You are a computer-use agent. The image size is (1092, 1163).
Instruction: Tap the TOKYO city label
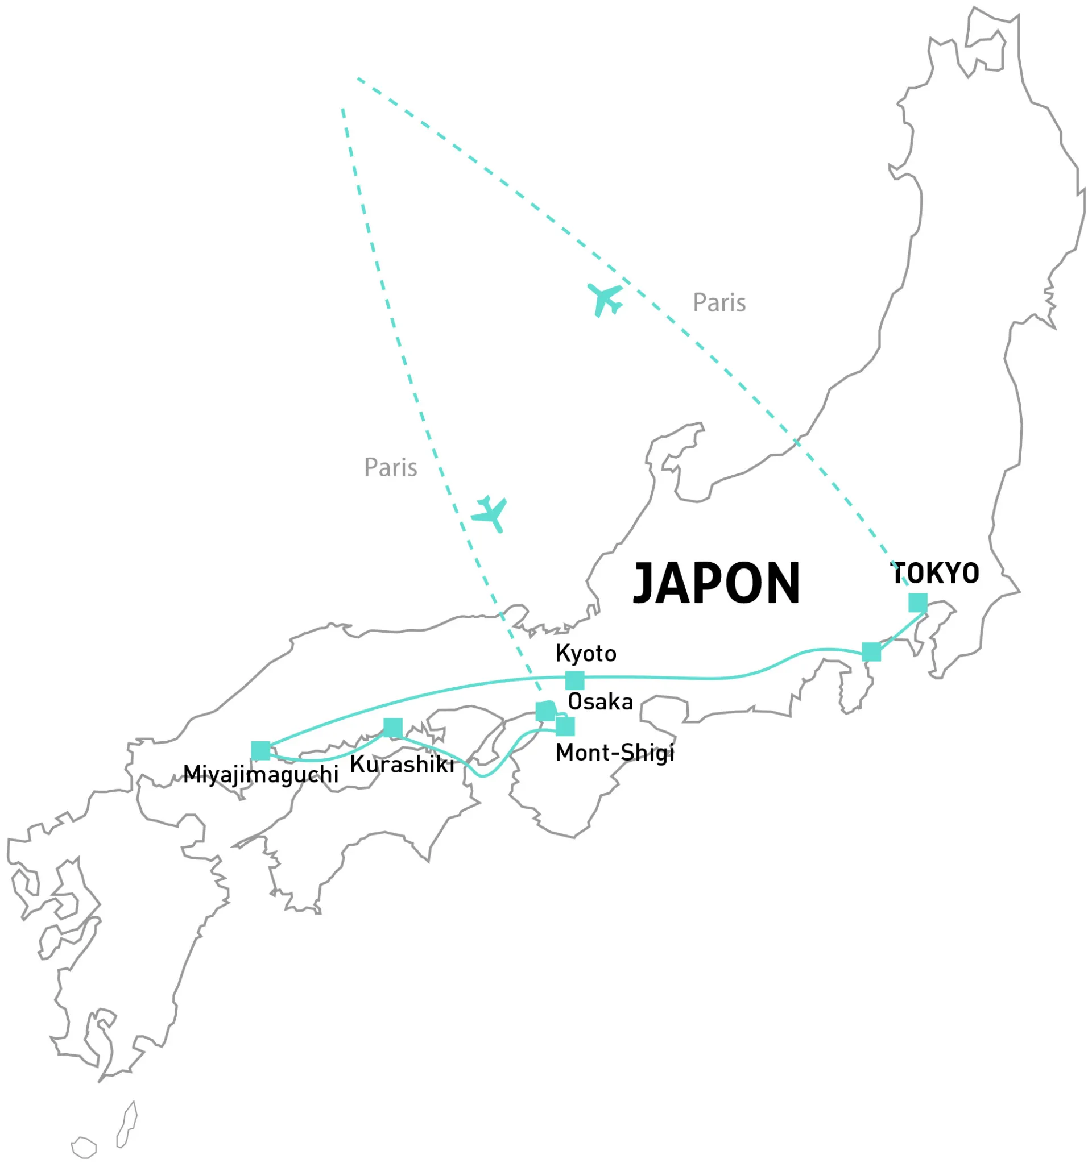[x=934, y=574]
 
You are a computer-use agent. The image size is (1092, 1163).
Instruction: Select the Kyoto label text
[x=586, y=654]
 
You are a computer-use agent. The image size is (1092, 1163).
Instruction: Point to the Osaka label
[x=601, y=701]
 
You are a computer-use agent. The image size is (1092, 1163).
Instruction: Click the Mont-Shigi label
[x=614, y=753]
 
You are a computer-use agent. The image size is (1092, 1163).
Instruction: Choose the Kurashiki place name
[x=402, y=765]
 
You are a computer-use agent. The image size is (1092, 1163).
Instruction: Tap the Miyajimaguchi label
[x=260, y=775]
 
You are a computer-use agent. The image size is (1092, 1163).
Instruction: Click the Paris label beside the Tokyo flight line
[x=719, y=303]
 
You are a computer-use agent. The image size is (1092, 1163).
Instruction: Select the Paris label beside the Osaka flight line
[x=390, y=467]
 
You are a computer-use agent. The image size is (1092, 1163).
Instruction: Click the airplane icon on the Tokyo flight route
[x=605, y=299]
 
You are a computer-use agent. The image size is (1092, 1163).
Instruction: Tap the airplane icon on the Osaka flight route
[x=490, y=514]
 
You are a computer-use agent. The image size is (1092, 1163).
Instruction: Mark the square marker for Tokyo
[x=917, y=603]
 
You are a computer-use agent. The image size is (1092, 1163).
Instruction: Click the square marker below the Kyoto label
[x=574, y=680]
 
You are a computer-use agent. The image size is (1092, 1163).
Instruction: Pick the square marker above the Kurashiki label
[x=392, y=728]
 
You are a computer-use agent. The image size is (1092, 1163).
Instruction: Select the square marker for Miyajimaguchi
[x=260, y=750]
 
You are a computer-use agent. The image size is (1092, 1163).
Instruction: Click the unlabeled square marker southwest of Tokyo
[x=871, y=652]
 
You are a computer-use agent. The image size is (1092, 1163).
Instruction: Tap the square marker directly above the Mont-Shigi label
[x=565, y=726]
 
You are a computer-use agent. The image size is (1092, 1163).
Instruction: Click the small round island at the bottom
[x=84, y=1147]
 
